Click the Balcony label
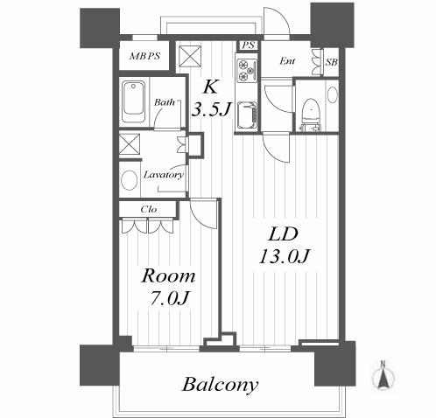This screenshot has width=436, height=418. coord(221,385)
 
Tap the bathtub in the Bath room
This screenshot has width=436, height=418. coord(133,101)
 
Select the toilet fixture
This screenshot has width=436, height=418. coord(311,115)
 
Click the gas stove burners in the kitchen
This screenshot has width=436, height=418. coord(247,70)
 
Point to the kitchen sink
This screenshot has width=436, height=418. coord(247,115)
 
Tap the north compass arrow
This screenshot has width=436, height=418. coord(383,375)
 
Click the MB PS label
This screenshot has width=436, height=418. coord(144,56)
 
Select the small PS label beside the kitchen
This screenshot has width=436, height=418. coord(249,45)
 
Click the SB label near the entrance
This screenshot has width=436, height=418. coord(332,62)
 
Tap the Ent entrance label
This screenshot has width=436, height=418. coord(287,61)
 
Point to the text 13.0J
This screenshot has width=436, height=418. coord(285,256)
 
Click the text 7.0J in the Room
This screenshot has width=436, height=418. coord(168,298)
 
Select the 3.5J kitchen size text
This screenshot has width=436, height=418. coord(211,109)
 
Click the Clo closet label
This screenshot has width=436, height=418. coord(149,209)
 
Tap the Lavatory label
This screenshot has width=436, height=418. coord(164,175)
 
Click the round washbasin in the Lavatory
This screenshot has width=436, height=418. coord(129,180)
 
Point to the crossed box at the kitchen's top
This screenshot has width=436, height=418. coord(190,57)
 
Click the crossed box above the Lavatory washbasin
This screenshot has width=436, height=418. coord(130,143)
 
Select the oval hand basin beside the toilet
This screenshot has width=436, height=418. coord(333,94)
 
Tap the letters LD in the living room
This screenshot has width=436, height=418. coord(283,234)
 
